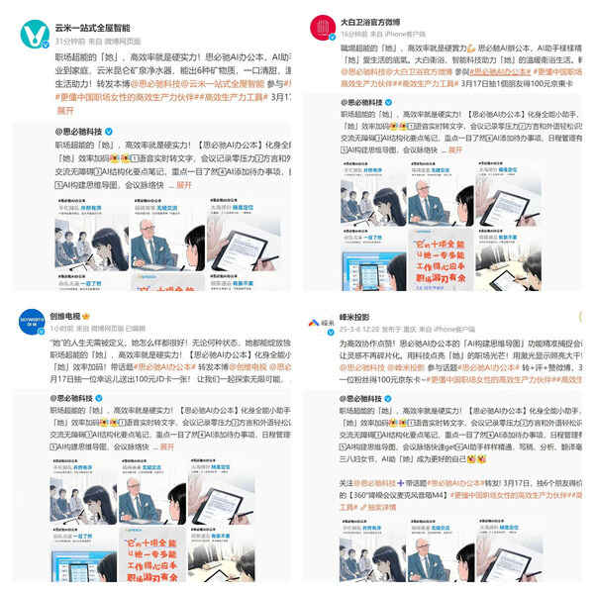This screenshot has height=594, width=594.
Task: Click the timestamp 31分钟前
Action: (70, 42)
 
